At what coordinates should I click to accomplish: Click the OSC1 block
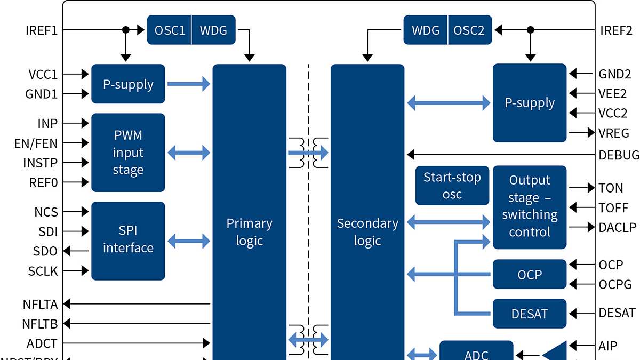pyautogui.click(x=170, y=30)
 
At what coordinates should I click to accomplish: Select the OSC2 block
pyautogui.click(x=469, y=30)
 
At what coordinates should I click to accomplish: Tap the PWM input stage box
pyautogui.click(x=128, y=153)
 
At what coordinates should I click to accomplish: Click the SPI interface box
pyautogui.click(x=128, y=240)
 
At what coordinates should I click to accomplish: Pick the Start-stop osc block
pyautogui.click(x=452, y=186)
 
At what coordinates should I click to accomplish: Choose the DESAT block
pyautogui.click(x=529, y=314)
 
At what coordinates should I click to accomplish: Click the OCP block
pyautogui.click(x=529, y=275)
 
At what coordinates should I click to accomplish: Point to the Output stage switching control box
pyautogui.click(x=529, y=207)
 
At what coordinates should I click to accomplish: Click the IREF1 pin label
pyautogui.click(x=41, y=30)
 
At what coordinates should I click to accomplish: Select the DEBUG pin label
pyautogui.click(x=619, y=155)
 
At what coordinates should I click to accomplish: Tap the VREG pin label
pyautogui.click(x=614, y=133)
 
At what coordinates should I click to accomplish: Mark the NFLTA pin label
pyautogui.click(x=40, y=305)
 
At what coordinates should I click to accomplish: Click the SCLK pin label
pyautogui.click(x=43, y=271)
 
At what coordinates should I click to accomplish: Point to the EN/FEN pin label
pyautogui.click(x=36, y=143)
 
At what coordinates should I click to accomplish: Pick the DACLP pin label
pyautogui.click(x=618, y=227)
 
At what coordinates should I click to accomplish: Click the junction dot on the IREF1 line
pyautogui.click(x=126, y=30)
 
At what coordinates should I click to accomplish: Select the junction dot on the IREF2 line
pyautogui.click(x=530, y=30)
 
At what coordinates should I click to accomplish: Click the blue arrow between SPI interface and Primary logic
pyautogui.click(x=189, y=241)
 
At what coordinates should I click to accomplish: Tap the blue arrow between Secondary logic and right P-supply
pyautogui.click(x=449, y=103)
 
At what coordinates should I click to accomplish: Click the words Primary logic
pyautogui.click(x=249, y=232)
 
